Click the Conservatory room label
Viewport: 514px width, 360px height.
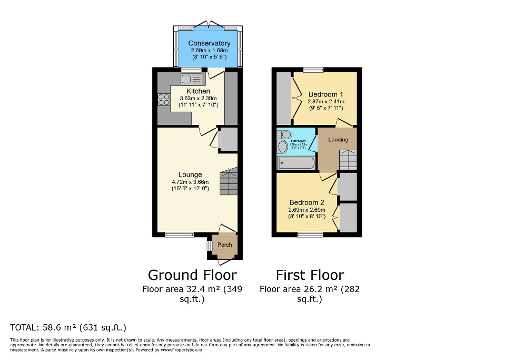[209, 43]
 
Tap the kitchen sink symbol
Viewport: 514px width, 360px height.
[192, 80]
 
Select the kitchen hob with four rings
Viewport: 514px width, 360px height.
[163, 99]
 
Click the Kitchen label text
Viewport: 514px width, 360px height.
[198, 91]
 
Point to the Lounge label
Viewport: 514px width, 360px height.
[190, 175]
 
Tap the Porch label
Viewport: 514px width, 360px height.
[225, 245]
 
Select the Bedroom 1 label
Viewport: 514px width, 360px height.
[325, 95]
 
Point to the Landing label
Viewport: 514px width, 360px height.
[338, 140]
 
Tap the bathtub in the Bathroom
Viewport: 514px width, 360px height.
[296, 163]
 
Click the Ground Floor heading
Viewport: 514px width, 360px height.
[192, 275]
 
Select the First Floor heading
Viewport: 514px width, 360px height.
[310, 275]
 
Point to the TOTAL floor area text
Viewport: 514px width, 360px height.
[68, 327]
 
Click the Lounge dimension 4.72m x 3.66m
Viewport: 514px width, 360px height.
[190, 182]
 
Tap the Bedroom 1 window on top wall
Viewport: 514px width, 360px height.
[313, 69]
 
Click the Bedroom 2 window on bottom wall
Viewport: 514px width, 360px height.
[311, 235]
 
